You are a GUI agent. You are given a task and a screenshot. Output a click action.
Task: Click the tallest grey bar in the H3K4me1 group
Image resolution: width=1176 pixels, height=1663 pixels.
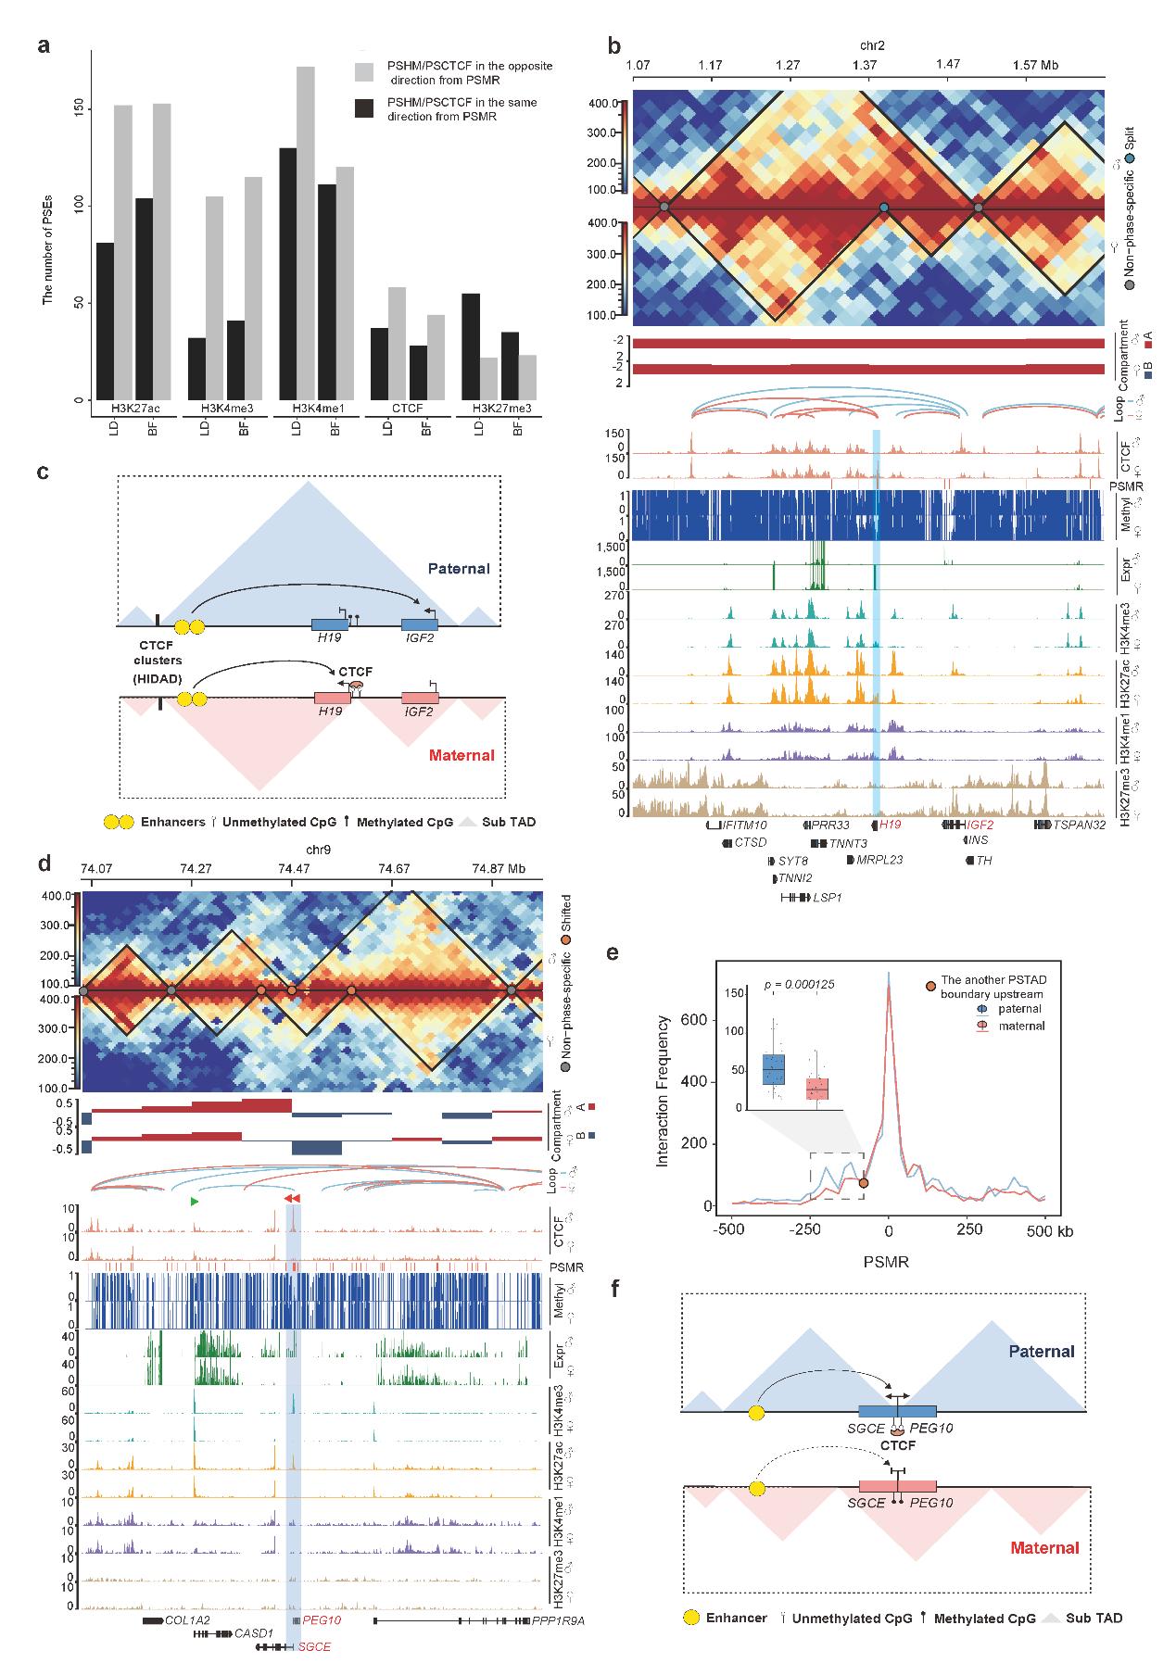tap(305, 232)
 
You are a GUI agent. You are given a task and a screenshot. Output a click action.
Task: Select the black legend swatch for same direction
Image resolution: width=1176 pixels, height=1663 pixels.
tap(364, 108)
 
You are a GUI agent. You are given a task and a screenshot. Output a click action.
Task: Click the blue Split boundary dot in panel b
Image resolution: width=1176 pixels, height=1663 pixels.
tap(884, 208)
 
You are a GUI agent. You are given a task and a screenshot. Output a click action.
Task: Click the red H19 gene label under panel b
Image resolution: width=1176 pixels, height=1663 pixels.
tap(890, 825)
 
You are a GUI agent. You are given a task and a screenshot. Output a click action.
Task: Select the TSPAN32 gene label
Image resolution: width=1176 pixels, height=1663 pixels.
tap(1079, 825)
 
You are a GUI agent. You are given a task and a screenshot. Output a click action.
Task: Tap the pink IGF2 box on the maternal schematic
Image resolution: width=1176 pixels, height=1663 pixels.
tap(420, 699)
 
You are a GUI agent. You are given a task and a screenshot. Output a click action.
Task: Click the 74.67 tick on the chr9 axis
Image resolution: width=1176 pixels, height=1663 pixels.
tap(394, 869)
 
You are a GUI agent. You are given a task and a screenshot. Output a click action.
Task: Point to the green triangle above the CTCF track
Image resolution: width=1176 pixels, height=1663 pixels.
tap(194, 1202)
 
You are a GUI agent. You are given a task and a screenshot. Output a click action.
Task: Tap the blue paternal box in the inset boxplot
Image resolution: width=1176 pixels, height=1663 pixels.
tap(773, 1068)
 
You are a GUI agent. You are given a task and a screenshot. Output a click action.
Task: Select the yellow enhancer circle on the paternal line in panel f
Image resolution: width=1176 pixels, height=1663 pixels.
tap(757, 1412)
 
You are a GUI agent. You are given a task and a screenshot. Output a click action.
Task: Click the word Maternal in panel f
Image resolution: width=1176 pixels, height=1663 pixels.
tap(1044, 1547)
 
